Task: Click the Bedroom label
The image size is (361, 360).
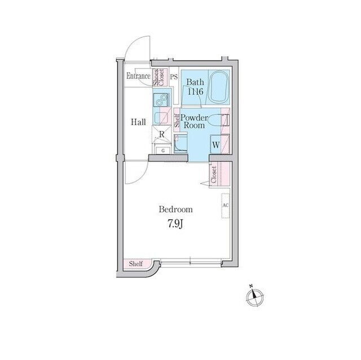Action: [x=175, y=210]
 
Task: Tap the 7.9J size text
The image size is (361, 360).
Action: [x=175, y=224]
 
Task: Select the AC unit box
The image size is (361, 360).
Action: [x=226, y=206]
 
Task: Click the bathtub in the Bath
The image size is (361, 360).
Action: [x=219, y=87]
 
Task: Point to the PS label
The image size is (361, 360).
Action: [x=174, y=77]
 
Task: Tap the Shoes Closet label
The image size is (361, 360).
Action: [x=159, y=77]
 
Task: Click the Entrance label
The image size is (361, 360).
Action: [x=138, y=76]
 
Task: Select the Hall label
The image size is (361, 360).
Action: [x=138, y=122]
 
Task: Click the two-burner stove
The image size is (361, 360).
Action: [x=161, y=100]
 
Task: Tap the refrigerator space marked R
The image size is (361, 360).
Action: [x=162, y=134]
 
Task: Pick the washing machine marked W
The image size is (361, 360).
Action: [x=215, y=145]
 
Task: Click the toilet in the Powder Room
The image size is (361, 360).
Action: [x=217, y=120]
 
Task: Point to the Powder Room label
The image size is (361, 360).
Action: [x=194, y=122]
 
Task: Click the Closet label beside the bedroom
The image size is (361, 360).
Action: [x=214, y=175]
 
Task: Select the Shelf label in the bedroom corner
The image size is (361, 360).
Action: [x=136, y=264]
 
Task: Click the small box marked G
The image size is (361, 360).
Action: [x=163, y=150]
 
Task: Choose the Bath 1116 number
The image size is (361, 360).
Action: [x=196, y=92]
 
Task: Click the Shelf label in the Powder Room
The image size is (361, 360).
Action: [x=177, y=121]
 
